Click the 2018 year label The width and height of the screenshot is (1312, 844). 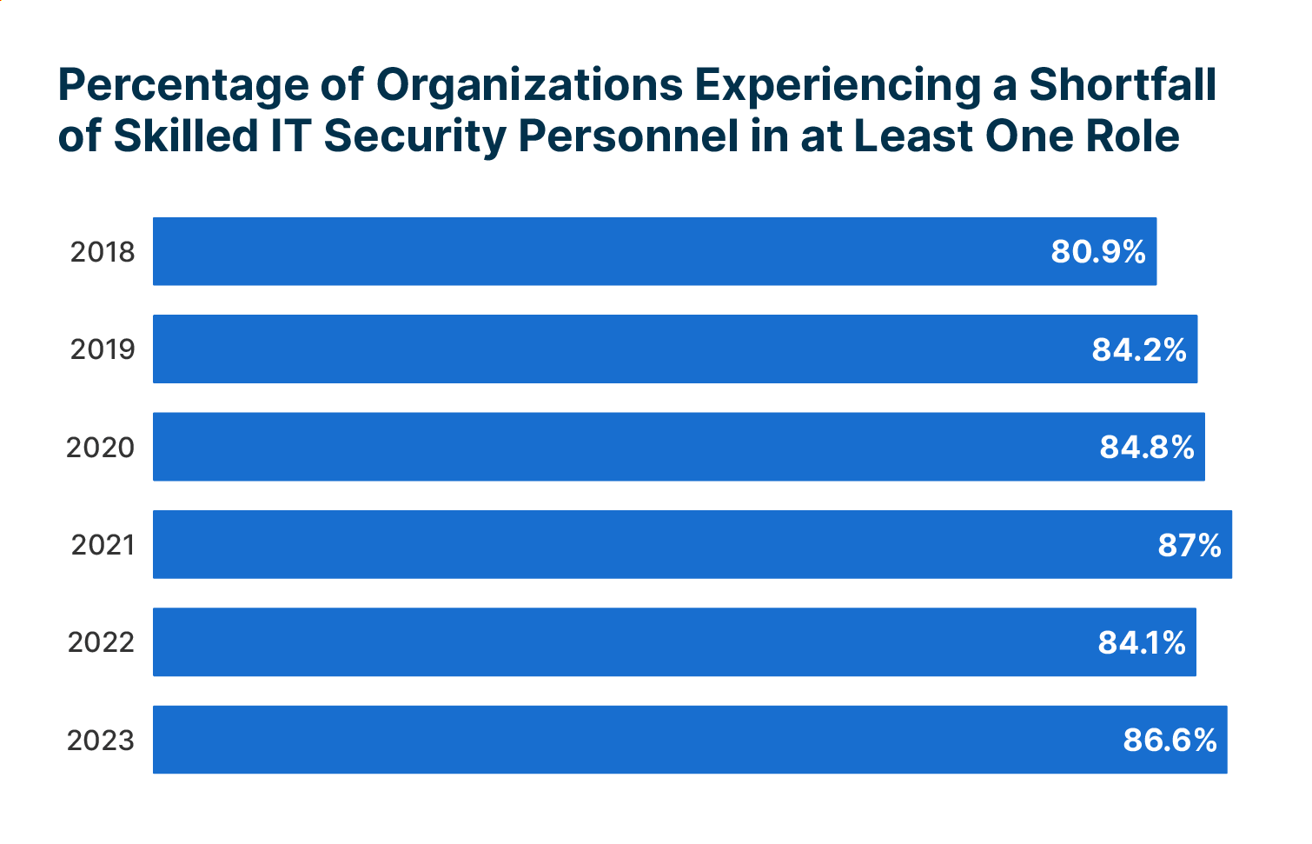point(103,252)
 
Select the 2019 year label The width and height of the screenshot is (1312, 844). point(103,349)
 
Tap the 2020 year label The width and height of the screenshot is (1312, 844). point(101,448)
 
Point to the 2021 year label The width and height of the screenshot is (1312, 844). point(103,545)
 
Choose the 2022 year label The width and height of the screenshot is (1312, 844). point(101,642)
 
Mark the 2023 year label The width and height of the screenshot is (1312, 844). point(101,741)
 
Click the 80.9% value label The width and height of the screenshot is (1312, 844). point(1098,252)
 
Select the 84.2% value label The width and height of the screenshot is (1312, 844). point(1139,349)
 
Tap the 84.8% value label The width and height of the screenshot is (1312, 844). point(1147,448)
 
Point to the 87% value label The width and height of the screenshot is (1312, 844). point(1189,545)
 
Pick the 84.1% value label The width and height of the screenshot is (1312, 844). point(1142,642)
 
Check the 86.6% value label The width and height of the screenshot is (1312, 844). point(1170,741)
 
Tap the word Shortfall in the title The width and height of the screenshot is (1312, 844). point(1123,84)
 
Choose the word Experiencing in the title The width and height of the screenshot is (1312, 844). point(838,86)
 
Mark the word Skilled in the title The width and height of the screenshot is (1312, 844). point(186,136)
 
